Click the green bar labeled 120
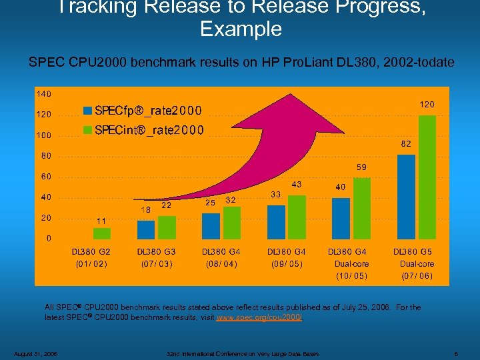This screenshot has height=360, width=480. coord(427,177)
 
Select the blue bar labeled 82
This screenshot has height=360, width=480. coord(406,197)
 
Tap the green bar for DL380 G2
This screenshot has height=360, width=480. coord(102,233)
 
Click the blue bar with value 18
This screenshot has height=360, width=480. coord(145,229)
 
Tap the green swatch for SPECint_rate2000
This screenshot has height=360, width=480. coord(88,129)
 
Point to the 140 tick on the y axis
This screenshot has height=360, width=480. coord(44,93)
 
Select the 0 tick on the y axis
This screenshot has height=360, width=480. coord(48,238)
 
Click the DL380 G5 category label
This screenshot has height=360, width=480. coord(413,252)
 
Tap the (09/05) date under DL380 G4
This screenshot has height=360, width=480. coord(287,264)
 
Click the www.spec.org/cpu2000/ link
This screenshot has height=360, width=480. coord(260,317)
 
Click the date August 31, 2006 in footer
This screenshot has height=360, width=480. coord(35,353)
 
